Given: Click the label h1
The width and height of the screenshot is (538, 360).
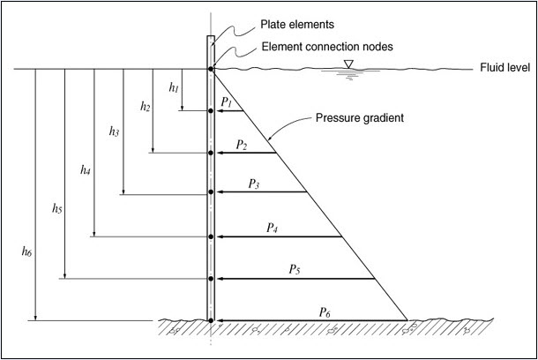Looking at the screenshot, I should (x=174, y=88).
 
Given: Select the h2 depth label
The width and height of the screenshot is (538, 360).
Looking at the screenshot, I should (x=145, y=106).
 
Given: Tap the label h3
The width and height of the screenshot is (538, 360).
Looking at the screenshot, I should (x=115, y=131).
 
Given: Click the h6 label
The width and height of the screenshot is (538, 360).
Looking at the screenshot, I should (x=26, y=251).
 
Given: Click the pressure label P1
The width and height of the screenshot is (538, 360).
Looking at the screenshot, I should (x=227, y=103).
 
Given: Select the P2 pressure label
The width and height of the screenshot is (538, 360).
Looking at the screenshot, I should (x=242, y=144).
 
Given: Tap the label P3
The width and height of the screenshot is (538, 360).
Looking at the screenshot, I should (x=253, y=184).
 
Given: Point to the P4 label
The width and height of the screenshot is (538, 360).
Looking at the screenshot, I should (x=273, y=227).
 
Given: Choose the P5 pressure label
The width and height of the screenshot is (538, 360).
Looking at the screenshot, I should (x=294, y=269).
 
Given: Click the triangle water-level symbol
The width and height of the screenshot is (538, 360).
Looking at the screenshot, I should (x=349, y=63).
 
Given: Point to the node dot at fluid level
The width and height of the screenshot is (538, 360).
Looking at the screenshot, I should (x=211, y=69).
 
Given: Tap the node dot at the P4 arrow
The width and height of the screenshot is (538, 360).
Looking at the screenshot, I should (x=211, y=236).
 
